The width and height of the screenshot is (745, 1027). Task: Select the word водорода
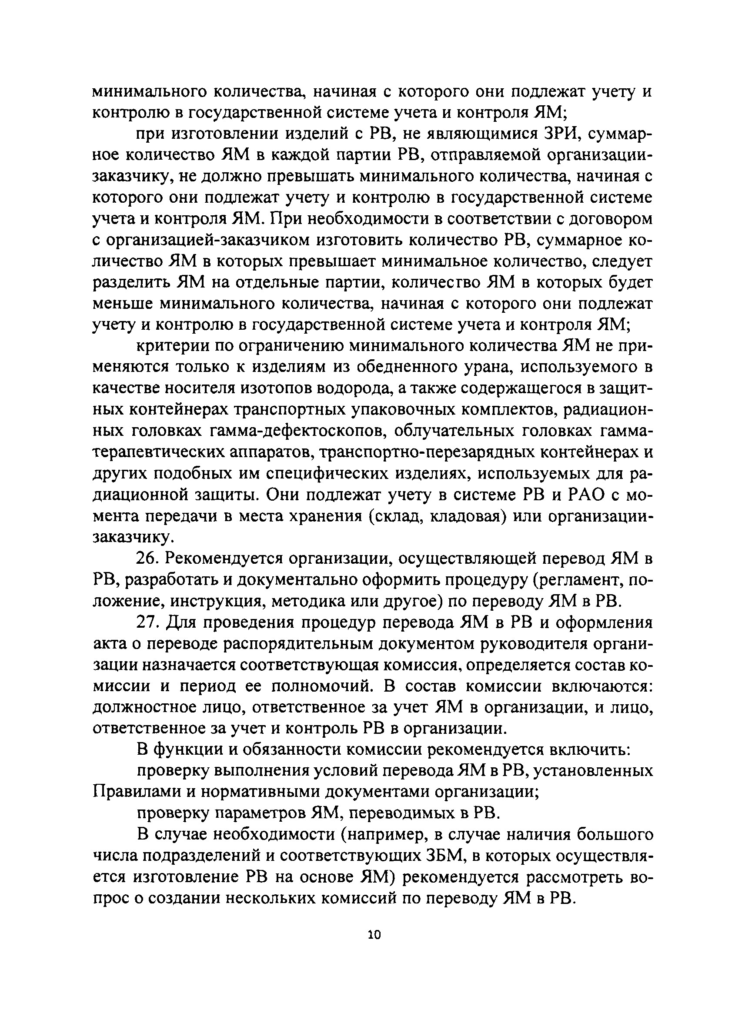(345, 388)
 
